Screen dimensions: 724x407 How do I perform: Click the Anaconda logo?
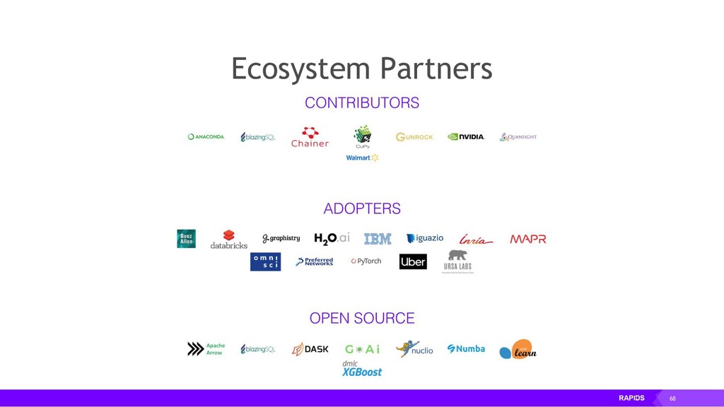pyautogui.click(x=206, y=137)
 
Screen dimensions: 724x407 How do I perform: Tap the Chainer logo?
pyautogui.click(x=310, y=137)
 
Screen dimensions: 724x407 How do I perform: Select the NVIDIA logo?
pyautogui.click(x=466, y=137)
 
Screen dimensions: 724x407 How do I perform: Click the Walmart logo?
pyautogui.click(x=362, y=158)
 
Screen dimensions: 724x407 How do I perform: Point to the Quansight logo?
pyautogui.click(x=518, y=137)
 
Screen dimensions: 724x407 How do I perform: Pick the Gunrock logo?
pyautogui.click(x=414, y=137)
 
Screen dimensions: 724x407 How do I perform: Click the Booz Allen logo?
pyautogui.click(x=186, y=239)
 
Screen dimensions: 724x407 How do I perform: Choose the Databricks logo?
pyautogui.click(x=229, y=240)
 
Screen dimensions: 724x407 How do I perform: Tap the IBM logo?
pyautogui.click(x=378, y=239)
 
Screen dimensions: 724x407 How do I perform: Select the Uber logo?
pyautogui.click(x=413, y=261)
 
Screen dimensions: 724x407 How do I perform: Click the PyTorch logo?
pyautogui.click(x=366, y=261)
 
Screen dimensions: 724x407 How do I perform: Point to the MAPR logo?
pyautogui.click(x=528, y=239)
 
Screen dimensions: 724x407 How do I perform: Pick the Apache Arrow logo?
pyautogui.click(x=206, y=349)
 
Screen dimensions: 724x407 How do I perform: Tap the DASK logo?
pyautogui.click(x=310, y=349)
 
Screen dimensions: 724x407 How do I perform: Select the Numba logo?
pyautogui.click(x=466, y=349)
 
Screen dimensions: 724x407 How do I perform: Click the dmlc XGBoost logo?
pyautogui.click(x=362, y=369)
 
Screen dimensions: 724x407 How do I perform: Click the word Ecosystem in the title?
pyautogui.click(x=300, y=69)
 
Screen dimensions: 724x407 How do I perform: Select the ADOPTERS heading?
pyautogui.click(x=362, y=208)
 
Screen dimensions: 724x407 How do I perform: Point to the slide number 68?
pyautogui.click(x=672, y=399)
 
